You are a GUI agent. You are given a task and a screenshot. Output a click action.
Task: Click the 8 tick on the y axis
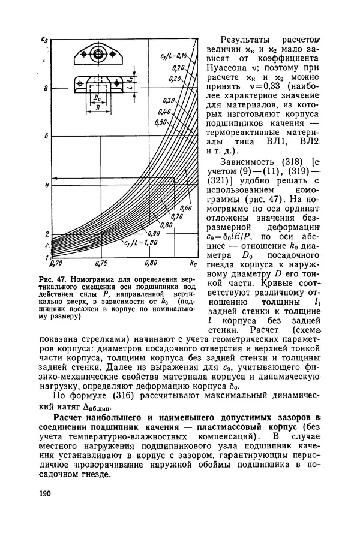[45, 89]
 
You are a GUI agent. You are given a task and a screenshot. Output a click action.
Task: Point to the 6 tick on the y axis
[45, 137]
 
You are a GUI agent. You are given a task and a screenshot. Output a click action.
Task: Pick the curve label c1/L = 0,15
[174, 56]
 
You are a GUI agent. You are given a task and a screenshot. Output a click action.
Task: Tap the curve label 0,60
[185, 207]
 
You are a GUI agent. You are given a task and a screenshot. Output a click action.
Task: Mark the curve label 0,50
[160, 122]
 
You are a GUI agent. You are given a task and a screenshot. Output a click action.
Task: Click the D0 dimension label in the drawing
[97, 96]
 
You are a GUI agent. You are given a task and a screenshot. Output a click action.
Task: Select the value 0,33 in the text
[261, 88]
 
